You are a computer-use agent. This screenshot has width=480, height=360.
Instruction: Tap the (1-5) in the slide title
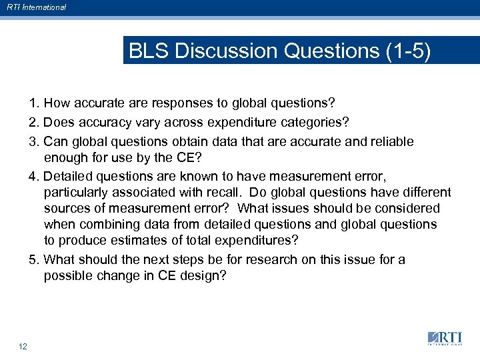(x=407, y=51)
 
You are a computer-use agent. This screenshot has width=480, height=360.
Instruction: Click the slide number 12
(x=23, y=346)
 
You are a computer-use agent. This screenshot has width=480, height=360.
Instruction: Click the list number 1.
(x=34, y=104)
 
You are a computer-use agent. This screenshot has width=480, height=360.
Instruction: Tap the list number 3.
(x=34, y=142)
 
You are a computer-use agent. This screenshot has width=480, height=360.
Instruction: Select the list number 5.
(x=34, y=259)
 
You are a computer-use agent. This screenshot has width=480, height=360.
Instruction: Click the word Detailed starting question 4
(x=70, y=176)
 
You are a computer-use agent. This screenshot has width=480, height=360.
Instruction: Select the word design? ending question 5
(x=205, y=276)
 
